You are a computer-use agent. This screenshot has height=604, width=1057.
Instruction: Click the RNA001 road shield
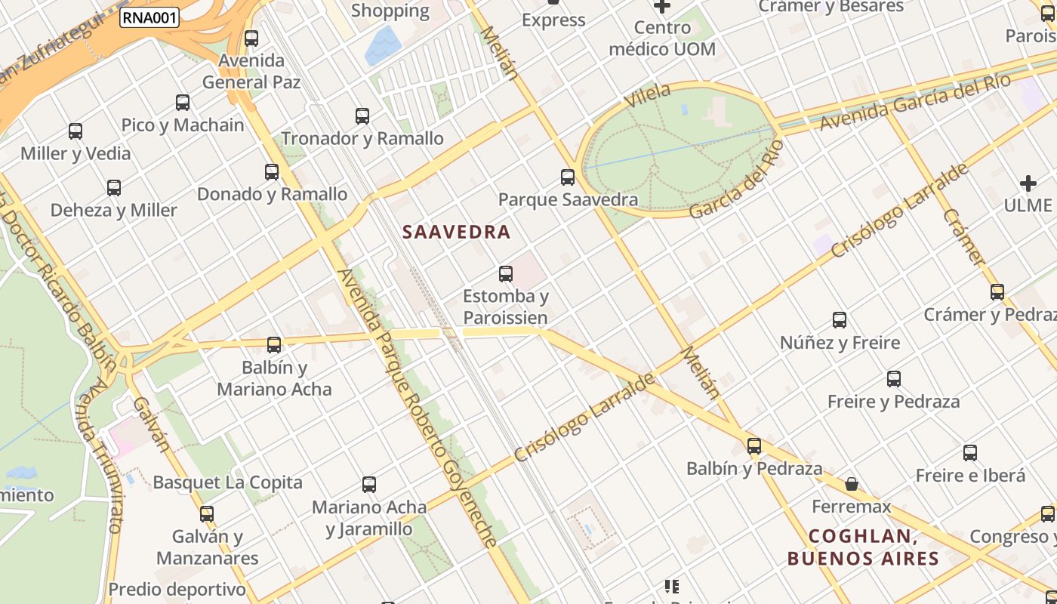(x=149, y=17)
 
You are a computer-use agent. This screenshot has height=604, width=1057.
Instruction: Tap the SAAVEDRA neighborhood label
(x=457, y=232)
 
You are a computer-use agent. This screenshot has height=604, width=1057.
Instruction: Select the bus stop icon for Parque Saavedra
(x=568, y=177)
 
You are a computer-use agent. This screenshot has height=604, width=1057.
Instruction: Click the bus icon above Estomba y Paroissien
(x=506, y=274)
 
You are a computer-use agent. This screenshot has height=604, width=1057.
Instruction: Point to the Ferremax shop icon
(x=852, y=484)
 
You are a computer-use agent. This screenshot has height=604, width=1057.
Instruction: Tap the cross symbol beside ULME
(x=1028, y=183)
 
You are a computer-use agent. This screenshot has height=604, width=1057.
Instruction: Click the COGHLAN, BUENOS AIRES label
(x=863, y=547)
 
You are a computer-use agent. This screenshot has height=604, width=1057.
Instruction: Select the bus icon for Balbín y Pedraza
(x=753, y=445)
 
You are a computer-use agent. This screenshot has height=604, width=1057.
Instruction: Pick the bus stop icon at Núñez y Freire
(x=840, y=320)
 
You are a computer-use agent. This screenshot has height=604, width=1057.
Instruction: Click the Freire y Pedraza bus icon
(x=894, y=379)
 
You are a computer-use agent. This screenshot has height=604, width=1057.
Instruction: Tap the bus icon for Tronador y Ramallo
(x=362, y=116)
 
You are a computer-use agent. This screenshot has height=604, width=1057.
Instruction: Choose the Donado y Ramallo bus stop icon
(x=272, y=171)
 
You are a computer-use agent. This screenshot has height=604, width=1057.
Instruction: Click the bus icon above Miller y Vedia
(x=75, y=131)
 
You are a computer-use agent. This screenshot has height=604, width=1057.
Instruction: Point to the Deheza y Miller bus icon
(x=114, y=188)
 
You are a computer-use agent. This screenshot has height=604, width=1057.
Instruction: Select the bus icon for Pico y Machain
(x=183, y=103)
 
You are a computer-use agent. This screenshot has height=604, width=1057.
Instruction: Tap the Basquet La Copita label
(x=227, y=482)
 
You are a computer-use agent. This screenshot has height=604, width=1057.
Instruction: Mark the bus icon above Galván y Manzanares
(x=207, y=514)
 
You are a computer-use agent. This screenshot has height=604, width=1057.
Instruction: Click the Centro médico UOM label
(x=661, y=39)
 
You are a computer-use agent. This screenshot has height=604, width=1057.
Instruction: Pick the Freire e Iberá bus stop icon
(x=970, y=453)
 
